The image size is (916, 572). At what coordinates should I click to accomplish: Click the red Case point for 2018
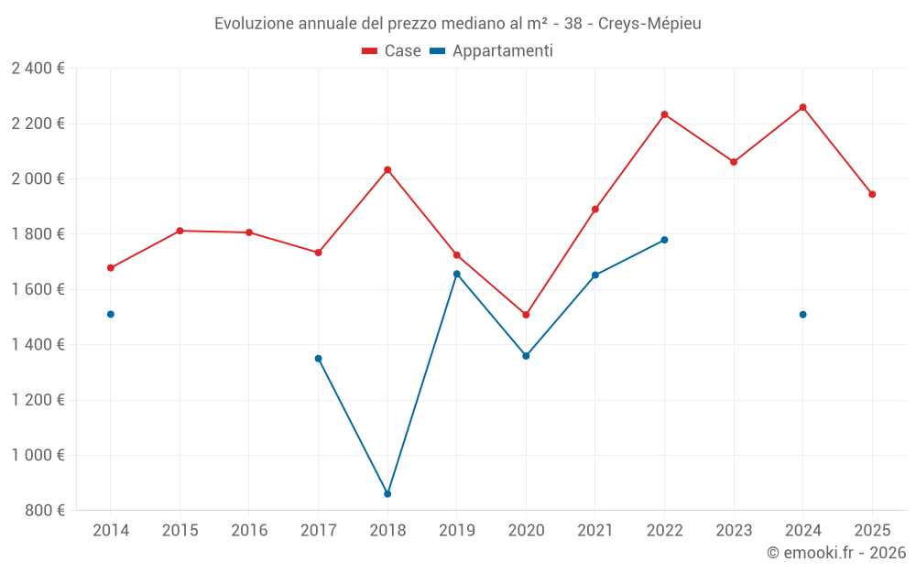click(387, 169)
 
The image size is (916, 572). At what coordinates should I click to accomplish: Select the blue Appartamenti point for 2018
click(387, 493)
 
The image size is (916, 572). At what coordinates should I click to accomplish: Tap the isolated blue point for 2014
click(111, 314)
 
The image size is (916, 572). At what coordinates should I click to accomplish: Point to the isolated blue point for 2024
click(802, 314)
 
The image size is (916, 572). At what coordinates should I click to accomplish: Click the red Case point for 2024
click(802, 107)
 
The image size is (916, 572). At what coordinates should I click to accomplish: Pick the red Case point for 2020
click(526, 315)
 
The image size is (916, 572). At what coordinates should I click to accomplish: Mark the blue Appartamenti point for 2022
click(664, 240)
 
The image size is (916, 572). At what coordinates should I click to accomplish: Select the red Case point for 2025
click(872, 194)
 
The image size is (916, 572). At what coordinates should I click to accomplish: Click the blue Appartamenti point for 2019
click(457, 274)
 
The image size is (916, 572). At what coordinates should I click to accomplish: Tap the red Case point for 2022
click(664, 114)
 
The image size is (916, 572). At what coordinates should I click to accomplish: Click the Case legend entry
click(392, 51)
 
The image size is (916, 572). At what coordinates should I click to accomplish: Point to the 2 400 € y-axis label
click(38, 69)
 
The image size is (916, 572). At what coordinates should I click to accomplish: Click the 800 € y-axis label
click(43, 511)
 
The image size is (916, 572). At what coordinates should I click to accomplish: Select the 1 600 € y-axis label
click(38, 289)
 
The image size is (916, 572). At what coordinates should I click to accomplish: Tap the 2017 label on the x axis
click(318, 530)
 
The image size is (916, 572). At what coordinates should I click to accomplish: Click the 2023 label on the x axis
click(734, 530)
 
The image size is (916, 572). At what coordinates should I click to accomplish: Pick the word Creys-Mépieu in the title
click(649, 24)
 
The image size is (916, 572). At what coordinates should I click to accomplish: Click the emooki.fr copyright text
click(835, 553)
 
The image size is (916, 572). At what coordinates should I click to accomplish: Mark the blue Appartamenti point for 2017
click(318, 359)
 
